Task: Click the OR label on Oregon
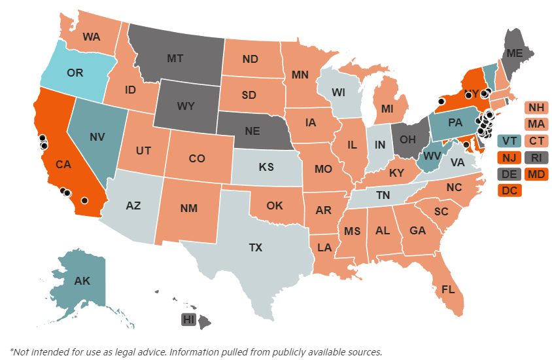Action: click(75, 73)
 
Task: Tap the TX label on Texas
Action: click(255, 247)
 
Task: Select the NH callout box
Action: click(537, 107)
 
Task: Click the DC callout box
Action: click(509, 190)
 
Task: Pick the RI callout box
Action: click(537, 157)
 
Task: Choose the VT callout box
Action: click(509, 141)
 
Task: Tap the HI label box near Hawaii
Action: click(189, 320)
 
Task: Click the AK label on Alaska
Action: click(82, 281)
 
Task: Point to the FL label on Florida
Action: click(448, 289)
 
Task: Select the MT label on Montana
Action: click(175, 58)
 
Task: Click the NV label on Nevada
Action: click(97, 137)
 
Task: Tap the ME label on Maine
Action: click(515, 54)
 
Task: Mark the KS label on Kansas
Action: click(266, 167)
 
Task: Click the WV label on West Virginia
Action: click(430, 156)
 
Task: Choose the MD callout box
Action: click(537, 174)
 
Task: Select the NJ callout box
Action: click(509, 157)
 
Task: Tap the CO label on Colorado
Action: click(196, 158)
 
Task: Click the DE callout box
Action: click(509, 174)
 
